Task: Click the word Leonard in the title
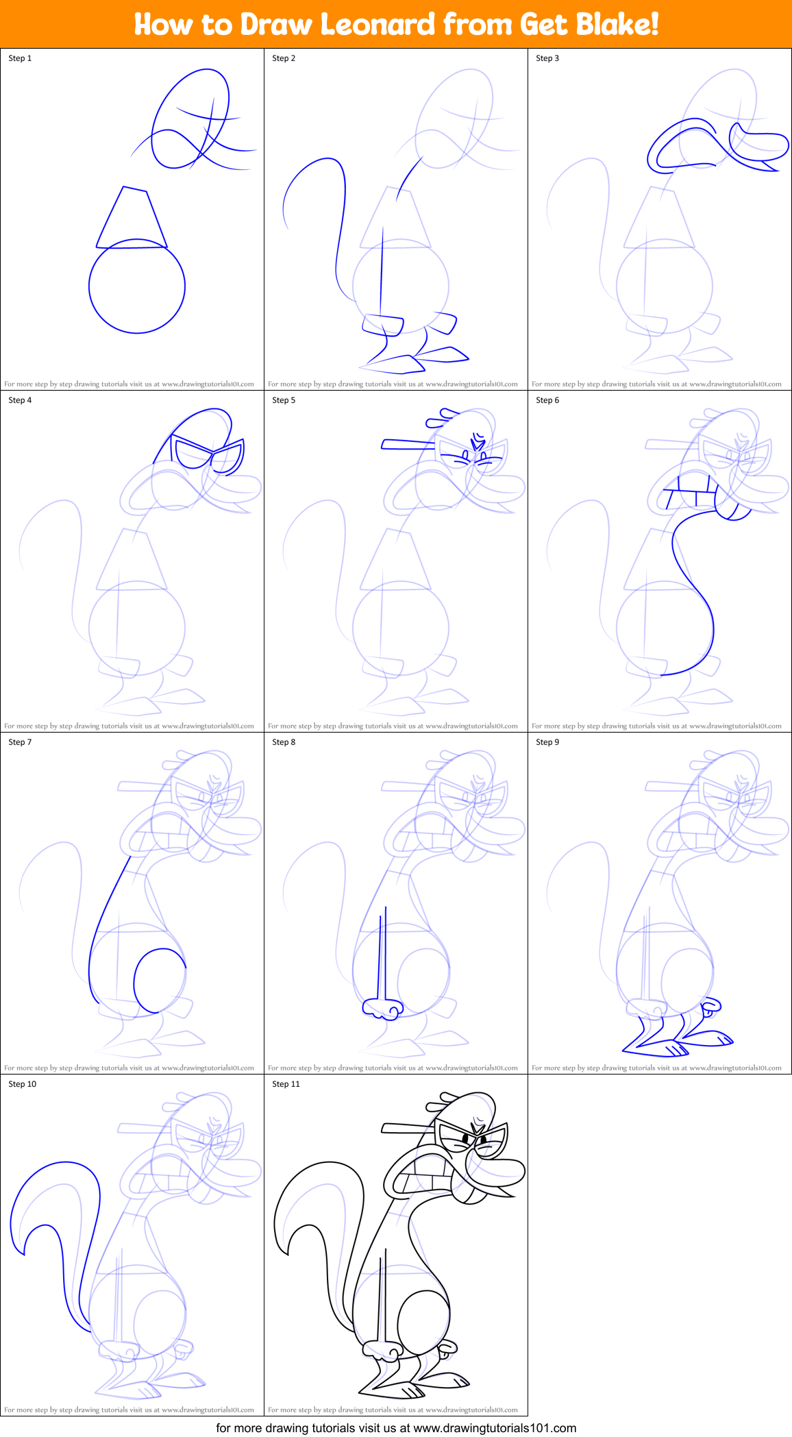pos(378,25)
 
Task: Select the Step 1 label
pos(20,58)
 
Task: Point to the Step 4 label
pos(20,400)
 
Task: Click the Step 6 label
pos(547,400)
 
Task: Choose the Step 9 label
pos(547,742)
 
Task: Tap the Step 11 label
pos(286,1084)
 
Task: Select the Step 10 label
pos(22,1084)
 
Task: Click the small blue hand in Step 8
pos(383,1008)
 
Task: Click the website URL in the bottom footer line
pos(495,1428)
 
